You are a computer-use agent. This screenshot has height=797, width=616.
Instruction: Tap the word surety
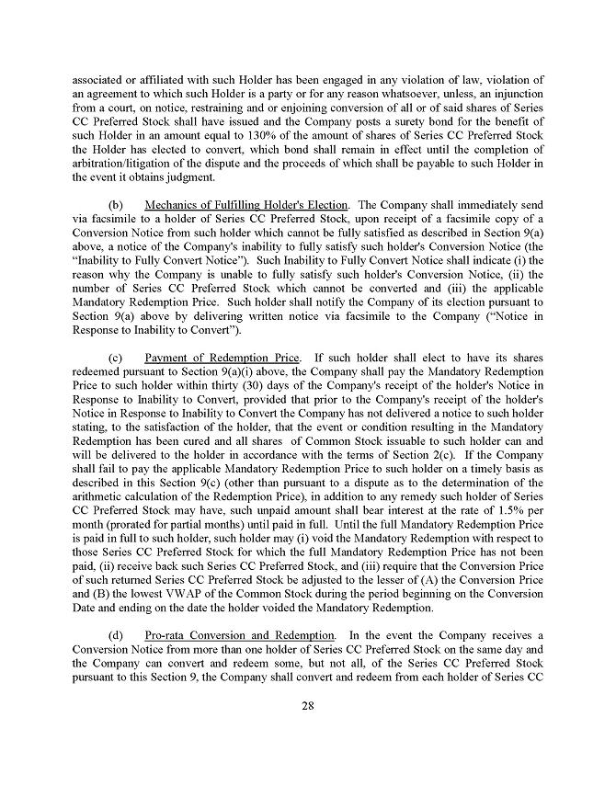(402, 121)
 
